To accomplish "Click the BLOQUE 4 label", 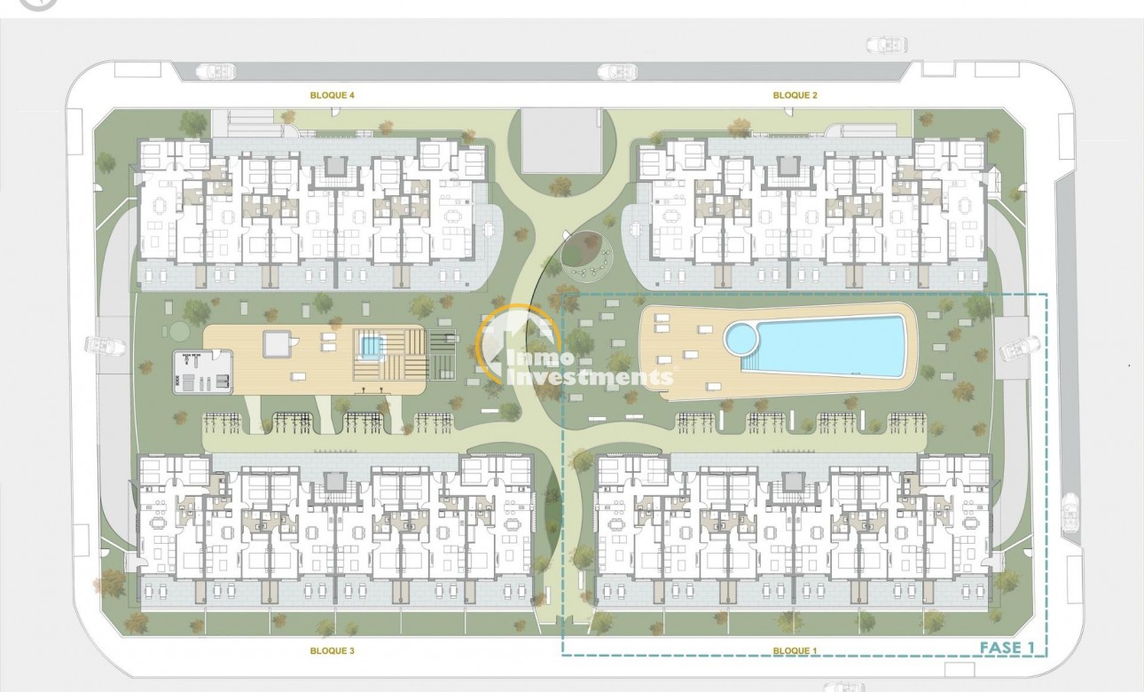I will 333,94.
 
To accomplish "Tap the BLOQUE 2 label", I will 795,94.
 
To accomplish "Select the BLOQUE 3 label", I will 333,650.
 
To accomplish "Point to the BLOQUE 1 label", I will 795,650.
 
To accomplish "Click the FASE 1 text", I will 1007,647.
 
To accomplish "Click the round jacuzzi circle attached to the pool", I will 740,337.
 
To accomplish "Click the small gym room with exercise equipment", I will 203,373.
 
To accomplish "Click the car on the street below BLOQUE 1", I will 842,687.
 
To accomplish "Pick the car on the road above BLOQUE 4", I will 212,71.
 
